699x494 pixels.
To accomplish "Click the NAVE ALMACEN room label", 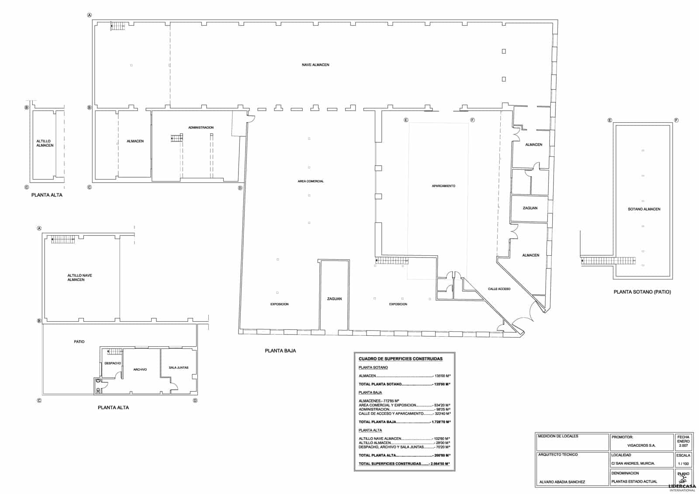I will (315, 65).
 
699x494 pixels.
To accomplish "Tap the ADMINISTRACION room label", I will (201, 128).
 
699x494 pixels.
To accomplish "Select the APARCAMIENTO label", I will (443, 186).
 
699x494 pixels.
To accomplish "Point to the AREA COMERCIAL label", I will (311, 181).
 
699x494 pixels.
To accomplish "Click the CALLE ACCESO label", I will (499, 289).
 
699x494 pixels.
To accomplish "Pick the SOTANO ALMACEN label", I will (644, 209).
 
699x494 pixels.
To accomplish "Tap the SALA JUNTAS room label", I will (179, 368).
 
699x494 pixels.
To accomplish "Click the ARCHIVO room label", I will (140, 370).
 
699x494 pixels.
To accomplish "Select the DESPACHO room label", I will (113, 363).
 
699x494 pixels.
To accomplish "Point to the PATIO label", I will (79, 342).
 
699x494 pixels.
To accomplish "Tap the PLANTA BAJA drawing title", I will (280, 351).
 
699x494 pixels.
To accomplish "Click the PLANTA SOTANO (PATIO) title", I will (642, 292).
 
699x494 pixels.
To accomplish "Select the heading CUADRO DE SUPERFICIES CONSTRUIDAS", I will (400, 359).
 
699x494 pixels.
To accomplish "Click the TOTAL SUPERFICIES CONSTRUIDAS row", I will (404, 464).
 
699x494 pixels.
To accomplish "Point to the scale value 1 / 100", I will (683, 463).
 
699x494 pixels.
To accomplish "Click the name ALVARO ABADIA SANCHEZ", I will (562, 482).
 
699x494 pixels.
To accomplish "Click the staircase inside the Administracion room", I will (177, 138).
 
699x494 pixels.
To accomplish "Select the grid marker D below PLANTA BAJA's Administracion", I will (240, 188).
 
